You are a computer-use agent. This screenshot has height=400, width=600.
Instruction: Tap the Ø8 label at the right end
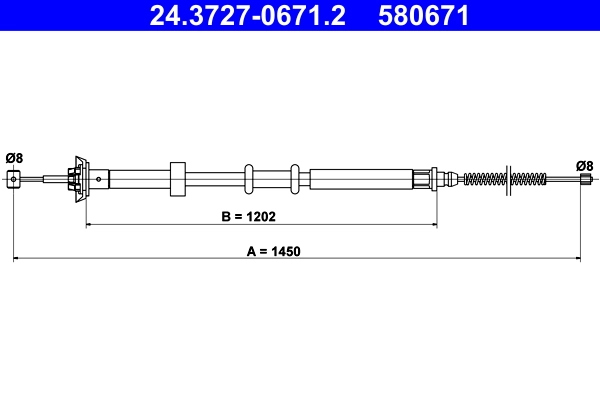pos(585,165)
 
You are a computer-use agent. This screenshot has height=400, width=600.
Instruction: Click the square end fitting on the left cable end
pos(14,179)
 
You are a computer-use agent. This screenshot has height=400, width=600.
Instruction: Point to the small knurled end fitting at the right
pos(585,180)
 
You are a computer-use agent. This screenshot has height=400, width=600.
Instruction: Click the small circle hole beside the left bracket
pos(99,179)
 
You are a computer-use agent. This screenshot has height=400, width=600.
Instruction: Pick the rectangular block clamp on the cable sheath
pos(179,179)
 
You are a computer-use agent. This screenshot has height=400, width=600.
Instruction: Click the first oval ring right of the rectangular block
pos(248,179)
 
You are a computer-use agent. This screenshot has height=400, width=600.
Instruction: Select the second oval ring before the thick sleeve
pos(295,179)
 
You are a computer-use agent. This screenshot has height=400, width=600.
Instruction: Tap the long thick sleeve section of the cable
pos(360,179)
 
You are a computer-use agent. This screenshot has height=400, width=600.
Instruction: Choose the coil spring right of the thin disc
pos(529,179)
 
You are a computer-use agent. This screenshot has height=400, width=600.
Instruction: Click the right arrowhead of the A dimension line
pos(581,260)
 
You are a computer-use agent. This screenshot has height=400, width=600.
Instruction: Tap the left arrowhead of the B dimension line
pos(90,225)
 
